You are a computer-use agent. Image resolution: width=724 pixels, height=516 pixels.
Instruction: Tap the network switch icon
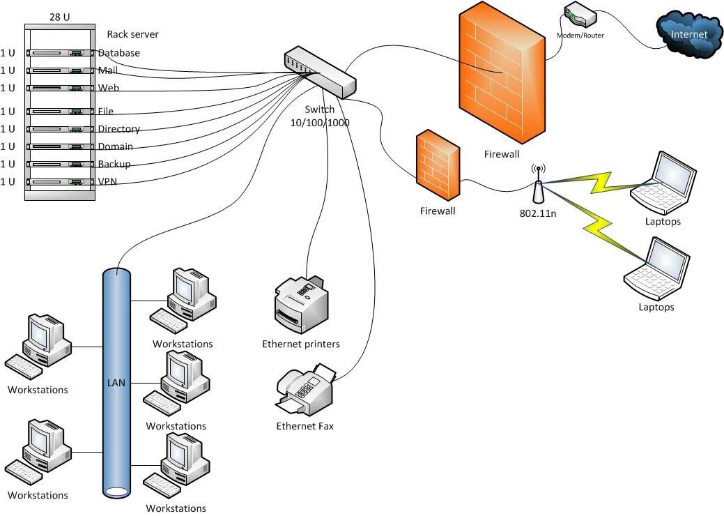[x=320, y=70]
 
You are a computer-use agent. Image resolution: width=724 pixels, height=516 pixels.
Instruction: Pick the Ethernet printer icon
[x=302, y=304]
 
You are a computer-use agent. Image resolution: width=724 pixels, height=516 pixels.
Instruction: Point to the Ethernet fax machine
[x=305, y=391]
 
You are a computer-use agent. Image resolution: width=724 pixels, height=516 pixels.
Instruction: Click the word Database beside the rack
[x=118, y=53]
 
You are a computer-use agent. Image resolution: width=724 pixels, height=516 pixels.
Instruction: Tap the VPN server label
[x=107, y=181]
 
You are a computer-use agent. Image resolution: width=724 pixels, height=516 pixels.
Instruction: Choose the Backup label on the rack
[x=114, y=164]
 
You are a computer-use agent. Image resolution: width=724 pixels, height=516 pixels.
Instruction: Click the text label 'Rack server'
[x=132, y=34]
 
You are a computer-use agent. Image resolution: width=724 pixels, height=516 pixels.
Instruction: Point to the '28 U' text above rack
[x=60, y=17]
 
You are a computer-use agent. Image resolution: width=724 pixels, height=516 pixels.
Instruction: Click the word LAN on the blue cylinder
[x=116, y=383]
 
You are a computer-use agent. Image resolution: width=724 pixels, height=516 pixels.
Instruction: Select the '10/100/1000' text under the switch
[x=320, y=123]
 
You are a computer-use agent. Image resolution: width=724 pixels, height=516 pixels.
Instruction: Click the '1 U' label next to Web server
[x=8, y=88]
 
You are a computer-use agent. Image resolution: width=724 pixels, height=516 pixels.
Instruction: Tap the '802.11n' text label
[x=537, y=213]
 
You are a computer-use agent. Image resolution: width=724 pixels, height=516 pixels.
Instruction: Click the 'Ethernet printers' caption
[x=301, y=344]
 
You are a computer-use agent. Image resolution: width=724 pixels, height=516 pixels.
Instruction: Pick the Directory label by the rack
[x=118, y=129]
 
